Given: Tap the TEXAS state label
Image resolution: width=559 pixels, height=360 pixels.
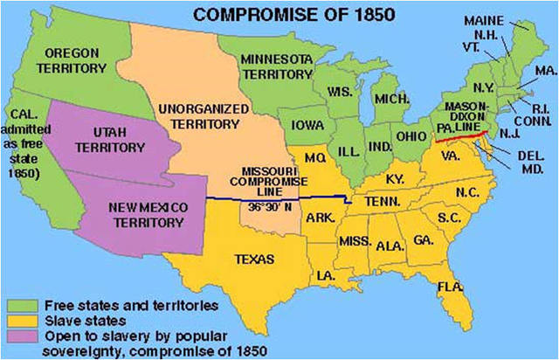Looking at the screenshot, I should click(x=252, y=259).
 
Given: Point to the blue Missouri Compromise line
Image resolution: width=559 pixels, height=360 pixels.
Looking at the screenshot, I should click(x=279, y=199).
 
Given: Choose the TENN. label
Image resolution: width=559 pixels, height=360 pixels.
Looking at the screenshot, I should click(x=383, y=201).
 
